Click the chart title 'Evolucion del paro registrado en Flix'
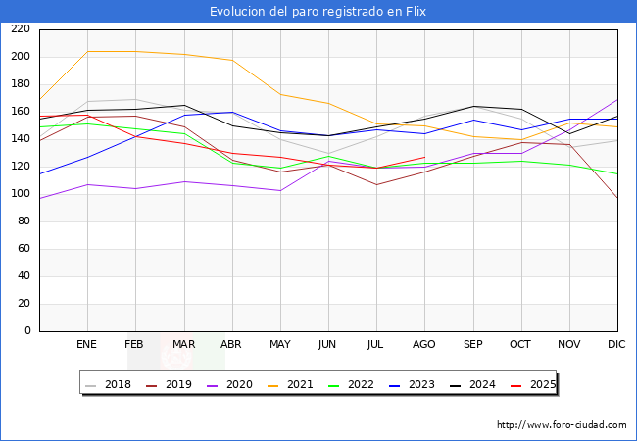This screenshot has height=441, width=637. click(318, 11)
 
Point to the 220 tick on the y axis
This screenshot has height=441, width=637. click(20, 29)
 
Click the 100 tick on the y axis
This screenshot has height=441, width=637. click(20, 194)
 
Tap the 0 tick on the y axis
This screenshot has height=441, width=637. click(27, 331)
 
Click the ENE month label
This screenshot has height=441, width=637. click(86, 345)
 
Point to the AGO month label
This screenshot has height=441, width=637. click(424, 345)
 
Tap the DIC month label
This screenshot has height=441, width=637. click(616, 345)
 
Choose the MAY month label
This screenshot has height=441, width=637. click(279, 345)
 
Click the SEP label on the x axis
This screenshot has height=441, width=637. click(472, 345)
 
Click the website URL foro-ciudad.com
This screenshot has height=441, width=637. click(562, 425)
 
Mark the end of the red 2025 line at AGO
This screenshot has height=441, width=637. click(424, 157)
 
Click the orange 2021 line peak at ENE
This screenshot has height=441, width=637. click(87, 51)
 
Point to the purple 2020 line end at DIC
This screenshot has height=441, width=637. click(617, 99)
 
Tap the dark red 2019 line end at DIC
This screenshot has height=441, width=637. click(617, 199)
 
